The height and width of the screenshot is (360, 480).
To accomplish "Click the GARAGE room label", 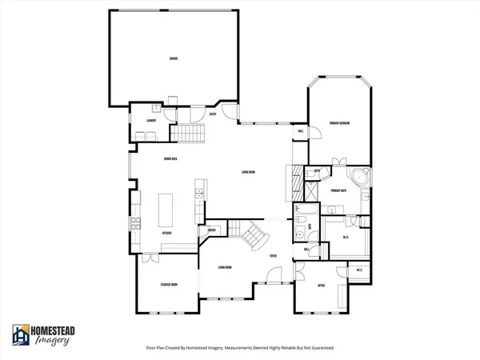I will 173,59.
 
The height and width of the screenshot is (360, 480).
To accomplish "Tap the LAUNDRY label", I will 150,121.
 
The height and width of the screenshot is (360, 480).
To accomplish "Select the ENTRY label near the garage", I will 213,114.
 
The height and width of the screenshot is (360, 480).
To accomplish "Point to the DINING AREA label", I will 169,158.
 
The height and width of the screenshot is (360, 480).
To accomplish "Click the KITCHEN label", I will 168,233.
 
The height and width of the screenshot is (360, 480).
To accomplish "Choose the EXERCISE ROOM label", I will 168,284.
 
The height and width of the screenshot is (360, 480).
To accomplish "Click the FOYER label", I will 274,256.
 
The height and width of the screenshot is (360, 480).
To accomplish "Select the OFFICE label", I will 320,286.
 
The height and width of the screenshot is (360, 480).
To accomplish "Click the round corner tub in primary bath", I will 359,178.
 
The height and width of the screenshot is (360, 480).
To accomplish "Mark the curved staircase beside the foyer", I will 258,235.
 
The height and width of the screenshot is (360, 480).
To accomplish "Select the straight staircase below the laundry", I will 190,133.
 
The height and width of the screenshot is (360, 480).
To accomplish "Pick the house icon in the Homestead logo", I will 21,334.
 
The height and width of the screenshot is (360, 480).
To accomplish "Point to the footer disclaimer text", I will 240,348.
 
